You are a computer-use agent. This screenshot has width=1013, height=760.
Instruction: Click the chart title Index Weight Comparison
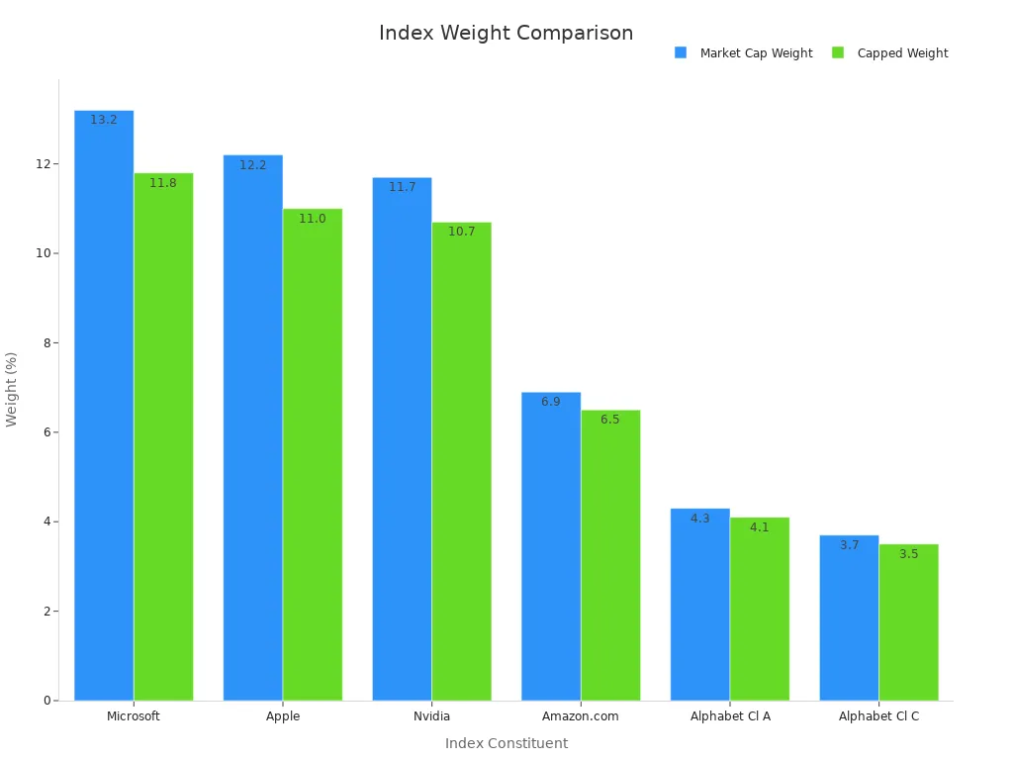(506, 33)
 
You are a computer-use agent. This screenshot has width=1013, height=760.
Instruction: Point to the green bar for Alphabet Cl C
(908, 623)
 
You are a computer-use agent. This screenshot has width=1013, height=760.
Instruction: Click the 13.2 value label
(104, 120)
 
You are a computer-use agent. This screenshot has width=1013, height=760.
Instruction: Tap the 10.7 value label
(462, 232)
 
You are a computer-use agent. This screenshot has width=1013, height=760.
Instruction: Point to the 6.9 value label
(551, 402)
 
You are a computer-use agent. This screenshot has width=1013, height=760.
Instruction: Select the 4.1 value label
(760, 527)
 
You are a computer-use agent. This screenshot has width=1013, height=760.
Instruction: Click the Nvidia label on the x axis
(431, 716)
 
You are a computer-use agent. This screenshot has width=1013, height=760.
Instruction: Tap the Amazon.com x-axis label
(581, 716)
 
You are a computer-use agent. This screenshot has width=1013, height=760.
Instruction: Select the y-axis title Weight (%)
(12, 389)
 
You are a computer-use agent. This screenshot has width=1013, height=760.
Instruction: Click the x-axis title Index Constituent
(506, 743)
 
